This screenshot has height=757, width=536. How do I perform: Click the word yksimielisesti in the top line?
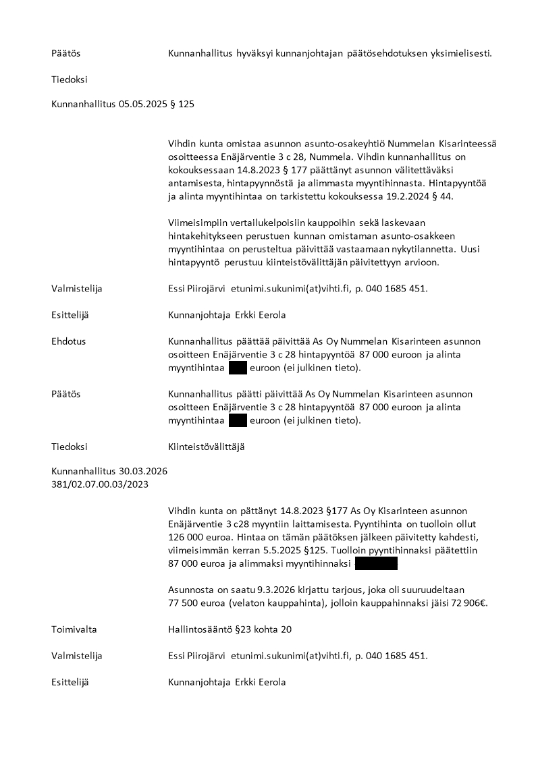pos(460,53)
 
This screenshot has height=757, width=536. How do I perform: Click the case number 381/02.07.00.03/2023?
pos(100,484)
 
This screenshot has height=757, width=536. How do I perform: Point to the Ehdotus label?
pos(69,341)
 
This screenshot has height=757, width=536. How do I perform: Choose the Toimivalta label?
pos(74,629)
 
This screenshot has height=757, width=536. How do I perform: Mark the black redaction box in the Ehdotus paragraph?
pos(238,368)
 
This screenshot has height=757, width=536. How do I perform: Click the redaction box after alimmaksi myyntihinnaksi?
pos(376,563)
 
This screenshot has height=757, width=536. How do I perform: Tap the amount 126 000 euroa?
pos(196,537)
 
